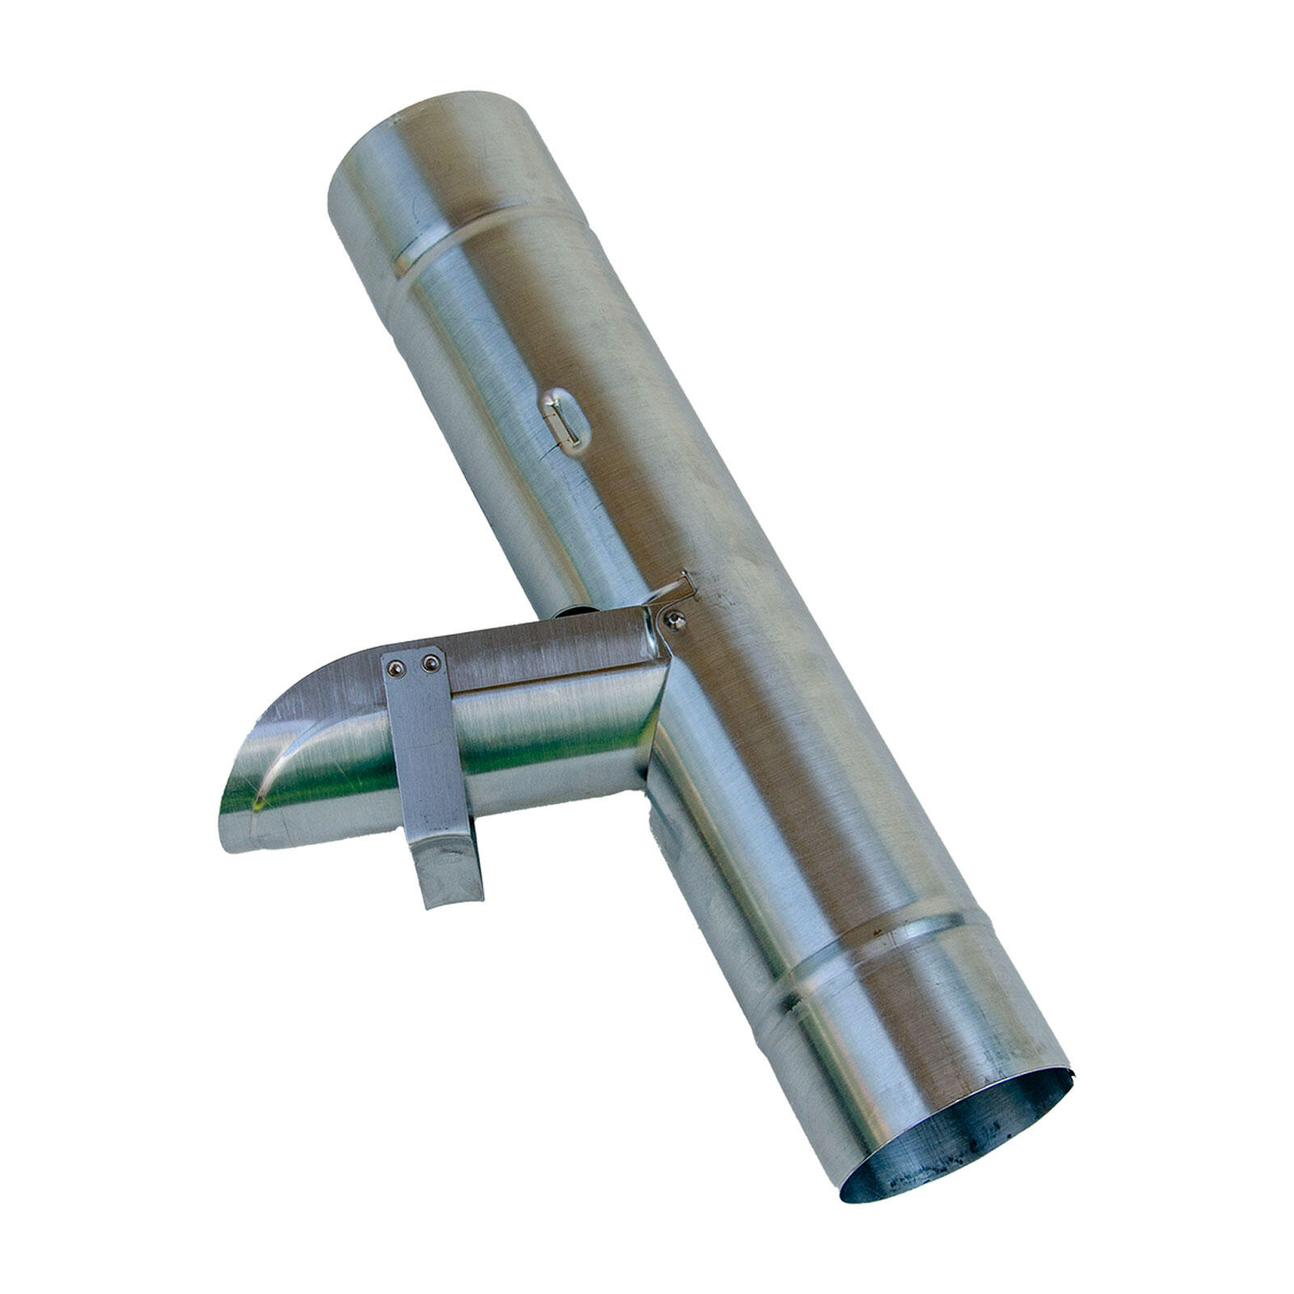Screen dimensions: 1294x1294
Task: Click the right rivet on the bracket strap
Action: (430, 664)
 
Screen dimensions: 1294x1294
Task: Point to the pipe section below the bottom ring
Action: (930, 1043)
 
